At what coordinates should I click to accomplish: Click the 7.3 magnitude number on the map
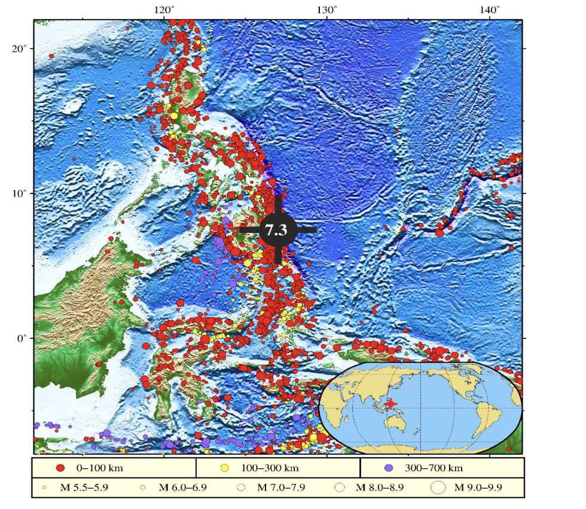tap(277, 230)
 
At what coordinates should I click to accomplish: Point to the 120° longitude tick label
tap(164, 10)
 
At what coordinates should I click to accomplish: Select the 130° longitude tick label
tap(326, 10)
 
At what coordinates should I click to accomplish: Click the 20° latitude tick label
tap(20, 49)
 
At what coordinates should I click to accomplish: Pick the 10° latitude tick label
tap(20, 193)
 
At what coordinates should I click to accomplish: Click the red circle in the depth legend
tap(60, 468)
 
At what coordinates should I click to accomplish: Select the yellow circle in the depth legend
tap(225, 468)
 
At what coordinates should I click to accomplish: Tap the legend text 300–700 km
tap(434, 468)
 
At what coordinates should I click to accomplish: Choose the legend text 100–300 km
tap(270, 468)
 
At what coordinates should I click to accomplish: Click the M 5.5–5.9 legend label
tap(84, 487)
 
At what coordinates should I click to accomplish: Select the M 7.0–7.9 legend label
tap(281, 487)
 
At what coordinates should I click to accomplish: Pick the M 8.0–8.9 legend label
tap(380, 487)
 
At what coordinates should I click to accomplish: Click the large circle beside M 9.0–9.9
tap(438, 487)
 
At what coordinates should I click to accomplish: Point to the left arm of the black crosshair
tap(249, 230)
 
